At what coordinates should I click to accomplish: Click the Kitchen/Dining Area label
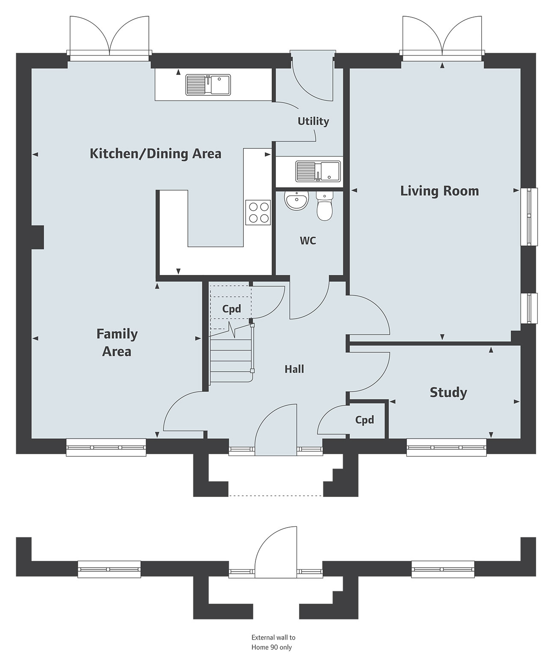(155, 154)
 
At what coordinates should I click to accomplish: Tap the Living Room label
(439, 191)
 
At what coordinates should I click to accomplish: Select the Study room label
(448, 392)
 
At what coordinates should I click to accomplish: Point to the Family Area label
(117, 343)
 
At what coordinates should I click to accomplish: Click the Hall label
(294, 369)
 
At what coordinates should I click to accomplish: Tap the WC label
(308, 241)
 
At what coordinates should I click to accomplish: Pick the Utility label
(313, 121)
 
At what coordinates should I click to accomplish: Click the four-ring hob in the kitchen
(258, 212)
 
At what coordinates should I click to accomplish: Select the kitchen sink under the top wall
(208, 85)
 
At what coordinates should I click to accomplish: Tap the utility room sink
(318, 171)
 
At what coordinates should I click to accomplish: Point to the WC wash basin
(296, 201)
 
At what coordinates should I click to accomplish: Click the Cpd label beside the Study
(364, 420)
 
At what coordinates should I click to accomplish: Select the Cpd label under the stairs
(231, 309)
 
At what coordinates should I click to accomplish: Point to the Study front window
(447, 447)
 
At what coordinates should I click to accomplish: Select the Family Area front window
(106, 447)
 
